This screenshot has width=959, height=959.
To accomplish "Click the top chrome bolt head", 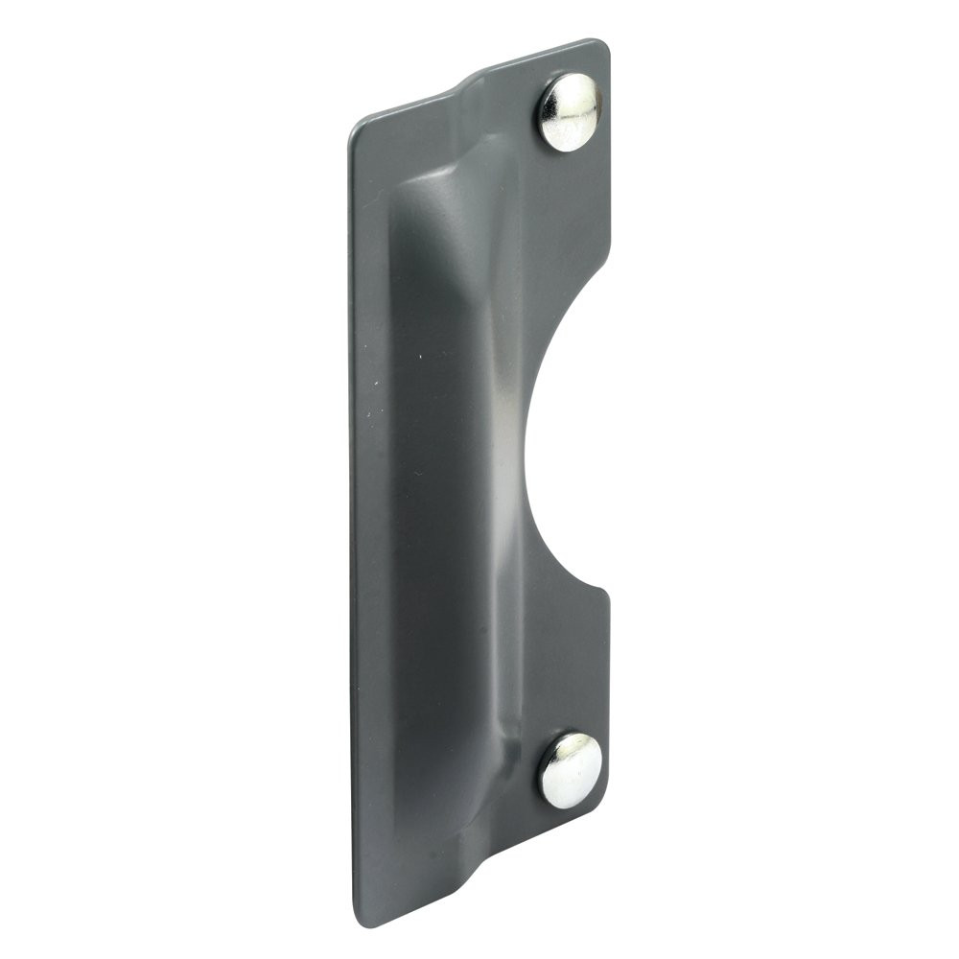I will click(570, 112).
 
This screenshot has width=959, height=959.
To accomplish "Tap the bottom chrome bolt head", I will click(571, 770).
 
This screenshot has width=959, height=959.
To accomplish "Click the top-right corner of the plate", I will click(604, 43).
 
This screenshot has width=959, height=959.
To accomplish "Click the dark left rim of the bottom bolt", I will click(544, 772).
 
